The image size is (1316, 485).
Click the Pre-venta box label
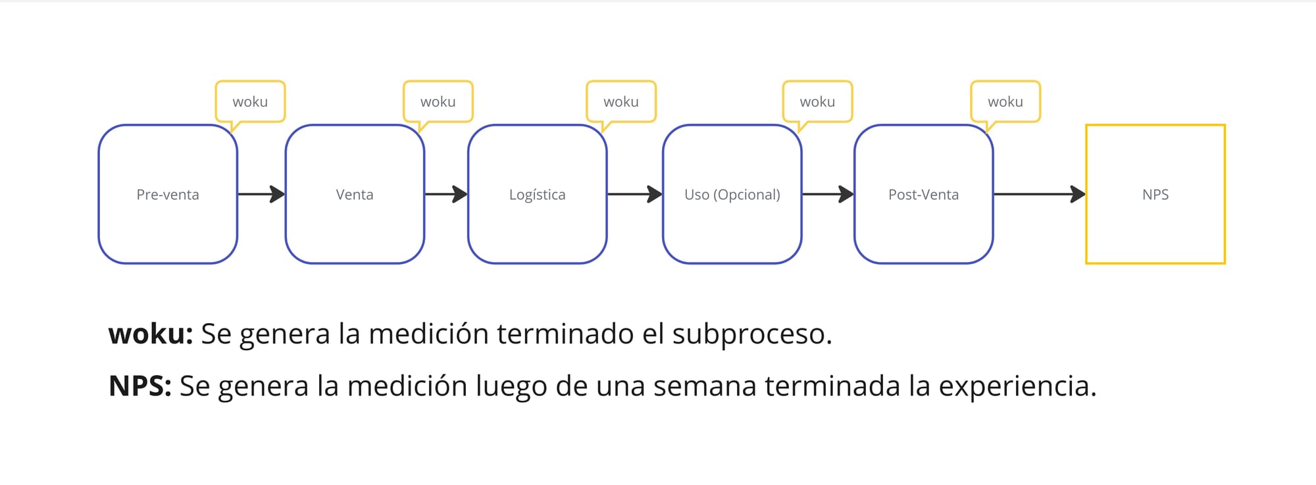coord(168,195)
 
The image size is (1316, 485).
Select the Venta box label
coord(355,195)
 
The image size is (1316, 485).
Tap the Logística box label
coord(537,195)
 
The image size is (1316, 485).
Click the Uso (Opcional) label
coord(732,195)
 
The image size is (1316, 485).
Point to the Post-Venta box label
coord(923,195)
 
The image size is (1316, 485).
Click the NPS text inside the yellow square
coord(1155,195)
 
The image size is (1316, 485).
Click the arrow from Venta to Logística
coord(446,194)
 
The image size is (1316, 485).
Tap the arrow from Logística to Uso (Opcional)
coord(634,194)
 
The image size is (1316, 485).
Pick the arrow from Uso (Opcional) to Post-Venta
coord(828,194)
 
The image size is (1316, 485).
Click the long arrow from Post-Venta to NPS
coord(1039,194)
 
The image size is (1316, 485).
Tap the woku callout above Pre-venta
coord(250,102)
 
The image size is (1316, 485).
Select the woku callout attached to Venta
coord(438,102)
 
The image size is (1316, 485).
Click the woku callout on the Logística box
coord(620,102)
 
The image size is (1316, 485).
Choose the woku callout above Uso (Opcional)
coord(817,102)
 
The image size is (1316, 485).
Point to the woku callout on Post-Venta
coord(1005,102)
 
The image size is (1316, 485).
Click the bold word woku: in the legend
coord(151,334)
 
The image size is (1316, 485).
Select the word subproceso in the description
coord(751,334)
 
